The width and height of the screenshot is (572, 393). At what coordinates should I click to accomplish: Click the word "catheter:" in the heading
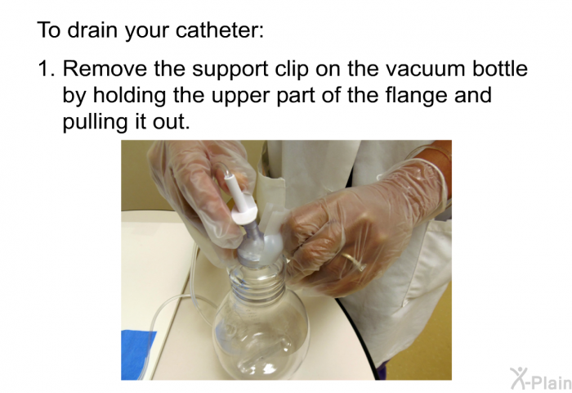[220, 29]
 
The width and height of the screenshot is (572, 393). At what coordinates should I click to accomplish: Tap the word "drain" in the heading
[93, 29]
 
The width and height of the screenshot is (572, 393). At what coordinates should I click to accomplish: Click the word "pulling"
[95, 123]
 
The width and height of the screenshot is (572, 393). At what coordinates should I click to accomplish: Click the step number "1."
[47, 68]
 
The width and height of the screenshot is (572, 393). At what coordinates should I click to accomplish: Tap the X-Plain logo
[540, 378]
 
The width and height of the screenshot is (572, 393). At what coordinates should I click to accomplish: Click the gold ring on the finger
[353, 261]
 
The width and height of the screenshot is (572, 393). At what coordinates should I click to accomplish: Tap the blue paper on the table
[136, 354]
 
